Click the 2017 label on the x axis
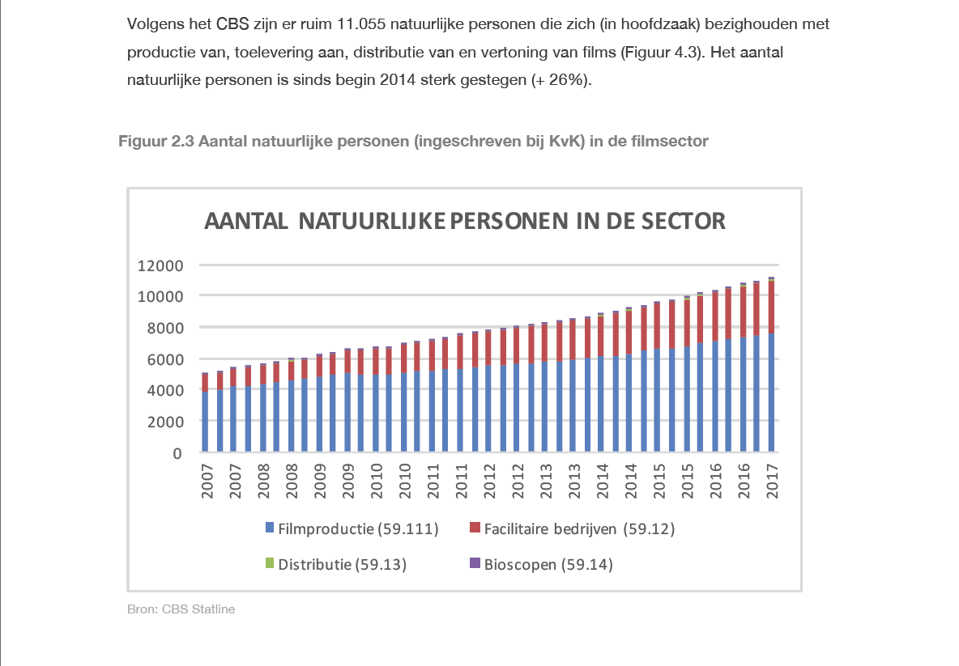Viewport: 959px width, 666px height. [x=772, y=481]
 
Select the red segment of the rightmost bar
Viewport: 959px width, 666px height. [x=772, y=307]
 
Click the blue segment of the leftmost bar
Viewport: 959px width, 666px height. [x=205, y=421]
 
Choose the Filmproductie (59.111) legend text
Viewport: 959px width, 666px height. [x=358, y=530]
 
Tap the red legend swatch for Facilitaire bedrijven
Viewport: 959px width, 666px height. [x=475, y=529]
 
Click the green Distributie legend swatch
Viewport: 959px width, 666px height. [x=270, y=563]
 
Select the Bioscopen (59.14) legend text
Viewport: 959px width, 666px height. [x=548, y=564]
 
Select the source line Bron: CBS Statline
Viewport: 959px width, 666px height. [x=181, y=609]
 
